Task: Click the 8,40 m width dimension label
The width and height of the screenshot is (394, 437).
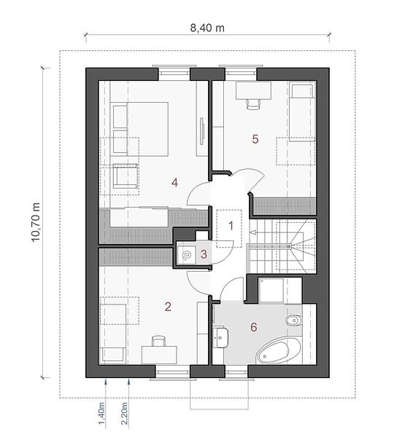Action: tap(207, 28)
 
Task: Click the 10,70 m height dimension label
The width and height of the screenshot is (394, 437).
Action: tap(36, 222)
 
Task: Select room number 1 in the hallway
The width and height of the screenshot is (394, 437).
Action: tap(231, 226)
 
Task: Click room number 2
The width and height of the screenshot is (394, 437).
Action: tap(168, 307)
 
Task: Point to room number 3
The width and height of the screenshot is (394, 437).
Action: tap(204, 254)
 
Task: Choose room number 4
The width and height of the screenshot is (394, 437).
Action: tap(175, 183)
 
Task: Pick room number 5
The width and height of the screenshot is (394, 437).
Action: tap(255, 139)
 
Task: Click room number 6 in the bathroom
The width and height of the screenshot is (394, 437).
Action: tap(253, 327)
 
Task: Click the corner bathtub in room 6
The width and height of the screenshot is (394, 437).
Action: tap(279, 350)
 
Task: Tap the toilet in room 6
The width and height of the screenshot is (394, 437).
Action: tap(294, 321)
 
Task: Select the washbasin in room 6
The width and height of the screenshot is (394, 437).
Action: tap(220, 337)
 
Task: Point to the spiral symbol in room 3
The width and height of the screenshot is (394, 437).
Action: tap(187, 255)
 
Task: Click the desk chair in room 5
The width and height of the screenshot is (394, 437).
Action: tap(253, 104)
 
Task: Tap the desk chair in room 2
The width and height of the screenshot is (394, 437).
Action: tap(159, 341)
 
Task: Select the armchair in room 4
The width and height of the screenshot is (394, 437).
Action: tap(125, 176)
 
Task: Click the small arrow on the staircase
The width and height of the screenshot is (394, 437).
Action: tap(253, 232)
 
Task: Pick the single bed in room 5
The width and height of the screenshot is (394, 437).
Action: tap(302, 111)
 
